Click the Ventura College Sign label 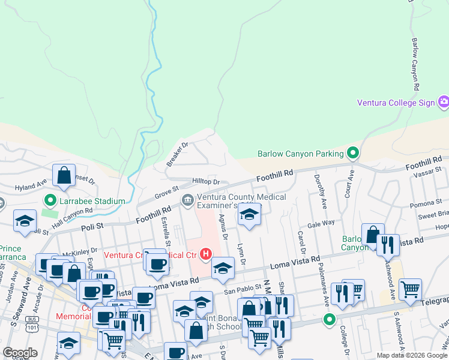coord(396,103)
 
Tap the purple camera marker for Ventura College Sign coord(444,102)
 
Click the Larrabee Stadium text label coord(91,201)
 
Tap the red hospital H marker coord(206,254)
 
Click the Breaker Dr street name coord(178,154)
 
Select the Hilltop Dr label coord(206,181)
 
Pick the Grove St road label coord(167,193)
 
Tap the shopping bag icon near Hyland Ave coord(64,176)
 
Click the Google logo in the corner coord(20,353)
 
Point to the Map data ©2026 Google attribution coord(412,355)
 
